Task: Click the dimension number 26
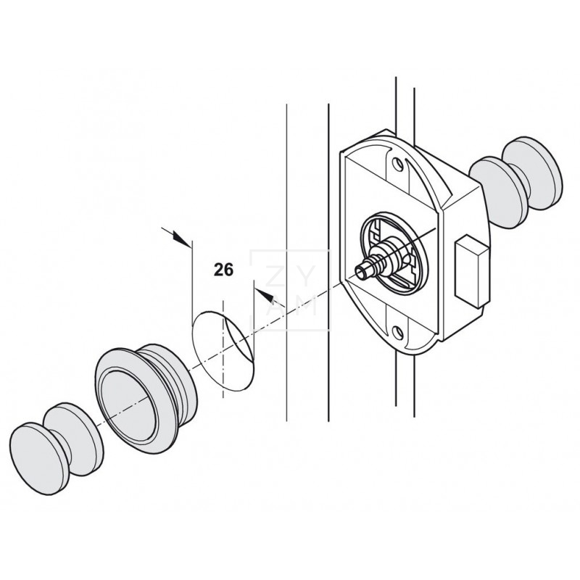223,270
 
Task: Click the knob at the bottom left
36,444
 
